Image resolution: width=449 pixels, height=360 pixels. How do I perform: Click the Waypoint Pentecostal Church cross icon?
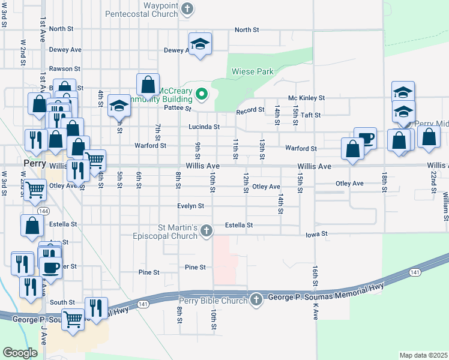[188, 9]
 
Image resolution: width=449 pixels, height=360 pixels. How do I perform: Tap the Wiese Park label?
[253, 72]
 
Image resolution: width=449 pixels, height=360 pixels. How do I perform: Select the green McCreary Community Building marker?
[202, 94]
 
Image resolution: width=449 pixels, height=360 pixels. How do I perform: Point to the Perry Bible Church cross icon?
[256, 300]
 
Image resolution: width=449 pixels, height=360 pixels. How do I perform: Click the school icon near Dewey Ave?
[200, 44]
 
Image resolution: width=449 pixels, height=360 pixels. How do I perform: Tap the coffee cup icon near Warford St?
[365, 138]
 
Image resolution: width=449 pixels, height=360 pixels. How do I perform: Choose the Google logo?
[20, 353]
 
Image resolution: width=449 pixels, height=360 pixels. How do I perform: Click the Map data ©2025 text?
[423, 355]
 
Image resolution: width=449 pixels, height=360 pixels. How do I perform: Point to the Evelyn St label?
[190, 206]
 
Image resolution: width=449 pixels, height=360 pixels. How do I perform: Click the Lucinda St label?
[203, 127]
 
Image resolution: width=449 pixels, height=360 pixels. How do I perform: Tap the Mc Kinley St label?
[306, 98]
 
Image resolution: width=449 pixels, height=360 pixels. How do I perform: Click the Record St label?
[250, 111]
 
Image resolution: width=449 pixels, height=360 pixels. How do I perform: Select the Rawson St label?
[65, 69]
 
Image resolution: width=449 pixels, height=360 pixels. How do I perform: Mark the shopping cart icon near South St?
[73, 319]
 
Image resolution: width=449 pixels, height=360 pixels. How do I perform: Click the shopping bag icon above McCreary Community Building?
[148, 85]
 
